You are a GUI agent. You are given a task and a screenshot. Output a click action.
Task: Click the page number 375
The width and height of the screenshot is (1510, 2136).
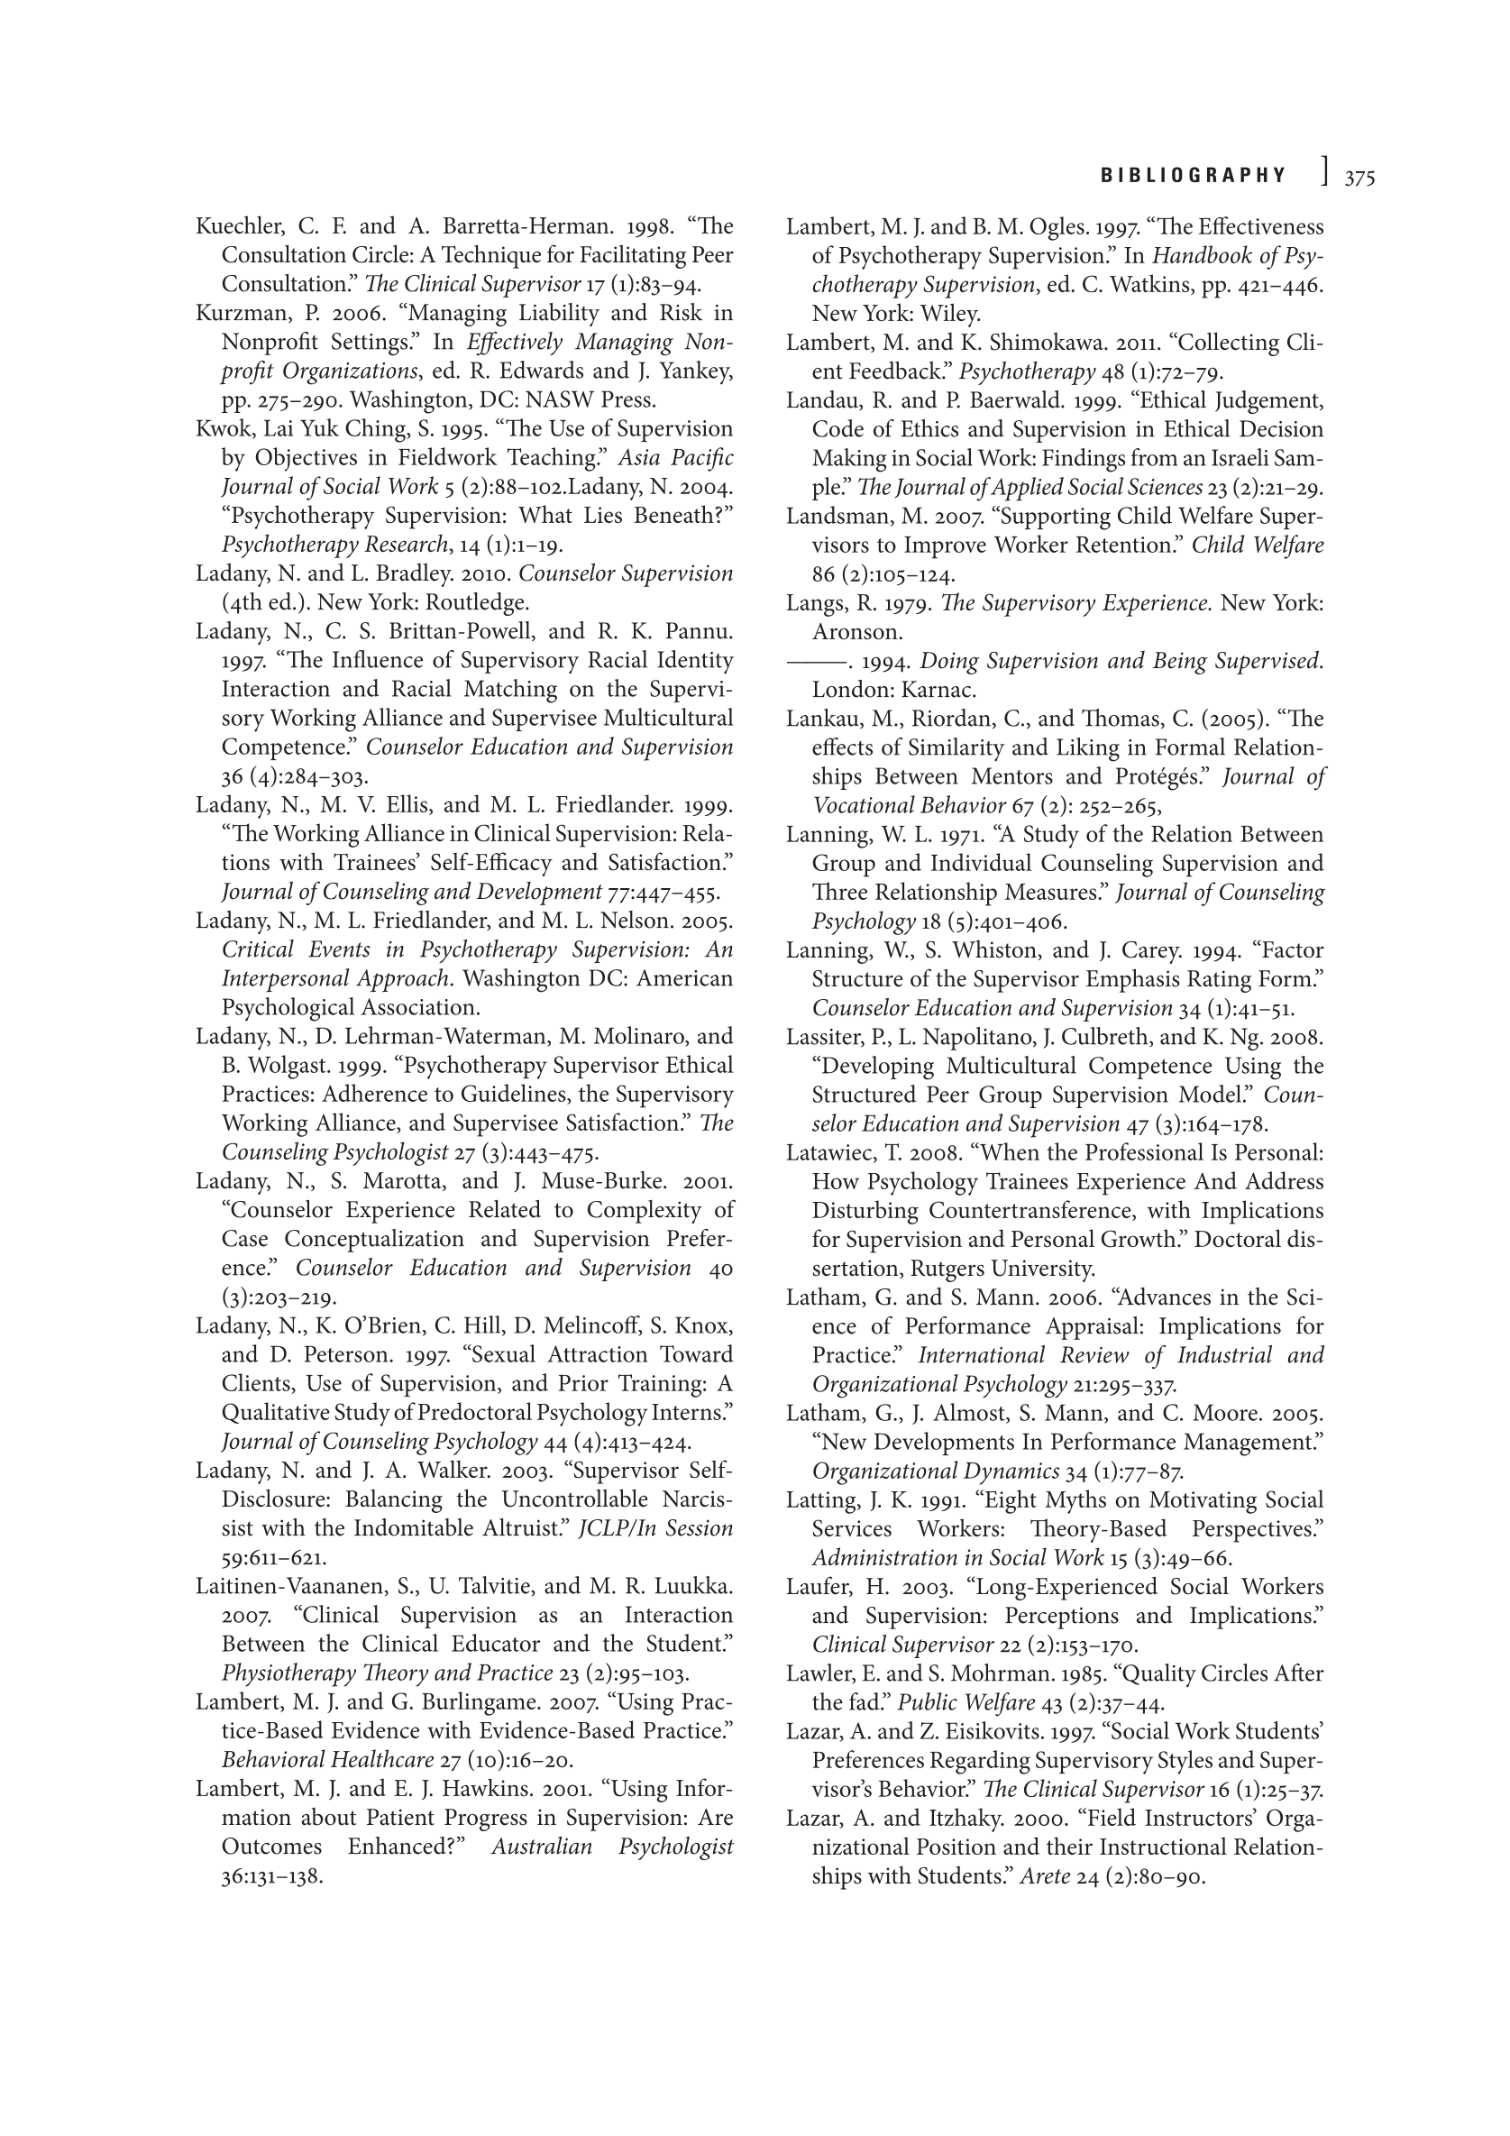click(x=1359, y=178)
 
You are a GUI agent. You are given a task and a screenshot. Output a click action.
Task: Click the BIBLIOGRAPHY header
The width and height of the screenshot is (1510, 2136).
click(x=1194, y=176)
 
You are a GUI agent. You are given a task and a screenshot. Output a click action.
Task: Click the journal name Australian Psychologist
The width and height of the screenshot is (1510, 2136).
click(x=612, y=1847)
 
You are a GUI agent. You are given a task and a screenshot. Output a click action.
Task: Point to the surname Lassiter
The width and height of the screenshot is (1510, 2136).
click(x=823, y=1037)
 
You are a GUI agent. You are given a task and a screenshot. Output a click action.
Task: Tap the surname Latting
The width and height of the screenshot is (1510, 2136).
click(x=821, y=1499)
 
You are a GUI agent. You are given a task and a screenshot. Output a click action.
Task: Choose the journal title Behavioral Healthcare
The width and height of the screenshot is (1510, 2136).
click(x=327, y=1760)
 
